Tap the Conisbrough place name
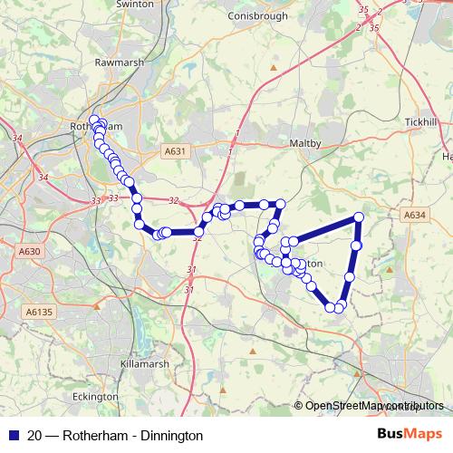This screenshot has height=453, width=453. [x=258, y=15]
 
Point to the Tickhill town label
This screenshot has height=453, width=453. [x=421, y=121]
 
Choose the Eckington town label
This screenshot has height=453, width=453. [x=95, y=396]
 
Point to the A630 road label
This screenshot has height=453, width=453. [x=29, y=251]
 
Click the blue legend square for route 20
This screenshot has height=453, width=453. [x=14, y=436]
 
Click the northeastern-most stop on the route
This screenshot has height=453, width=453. [x=359, y=217]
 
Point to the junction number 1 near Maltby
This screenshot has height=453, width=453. [x=236, y=133]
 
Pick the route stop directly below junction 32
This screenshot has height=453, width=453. [x=198, y=232]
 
